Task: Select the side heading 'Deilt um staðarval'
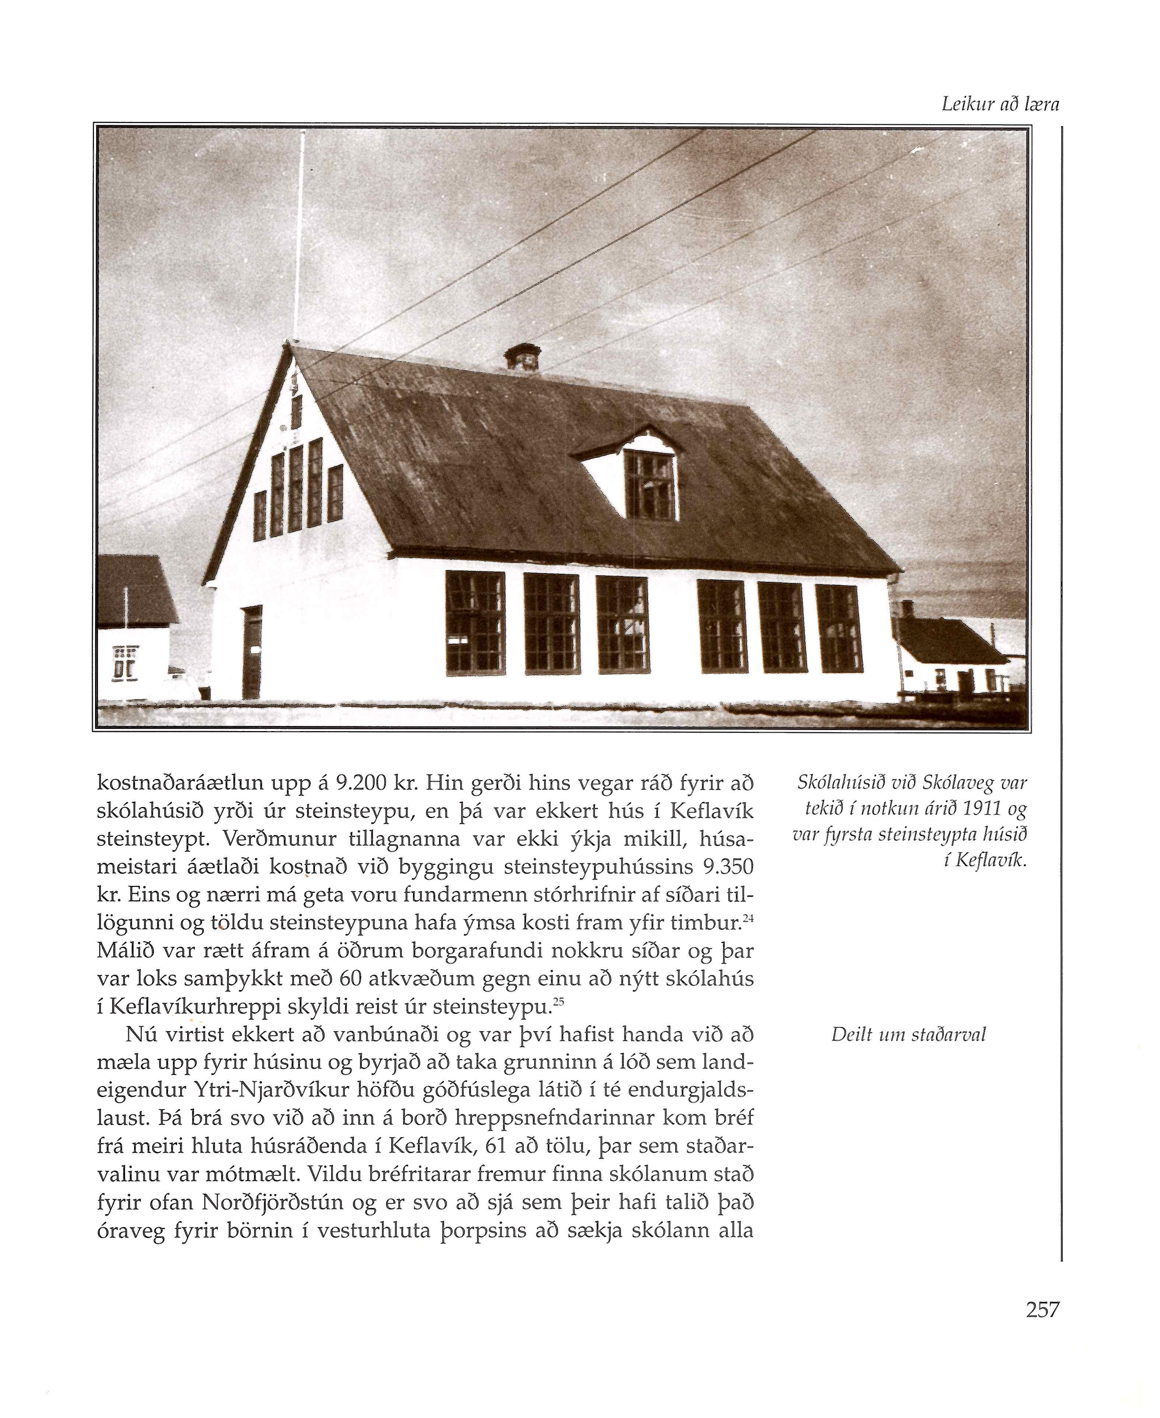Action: coord(908,1035)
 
